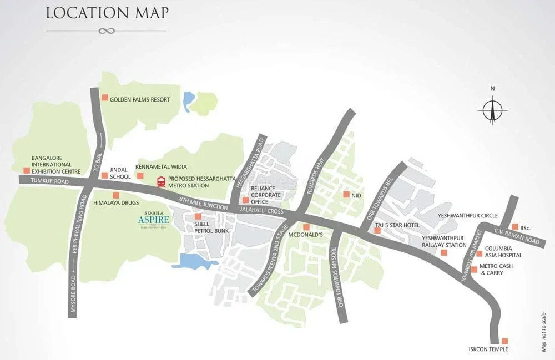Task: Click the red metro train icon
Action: [x=161, y=181]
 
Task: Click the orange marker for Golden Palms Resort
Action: [x=104, y=98]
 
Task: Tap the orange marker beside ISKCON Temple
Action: [x=504, y=341]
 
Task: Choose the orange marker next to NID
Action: [x=346, y=195]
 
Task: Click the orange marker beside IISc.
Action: [x=514, y=226]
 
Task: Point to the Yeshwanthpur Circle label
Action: [x=468, y=215]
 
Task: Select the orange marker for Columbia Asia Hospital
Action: [x=479, y=253]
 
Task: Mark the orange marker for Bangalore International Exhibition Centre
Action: [x=26, y=171]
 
